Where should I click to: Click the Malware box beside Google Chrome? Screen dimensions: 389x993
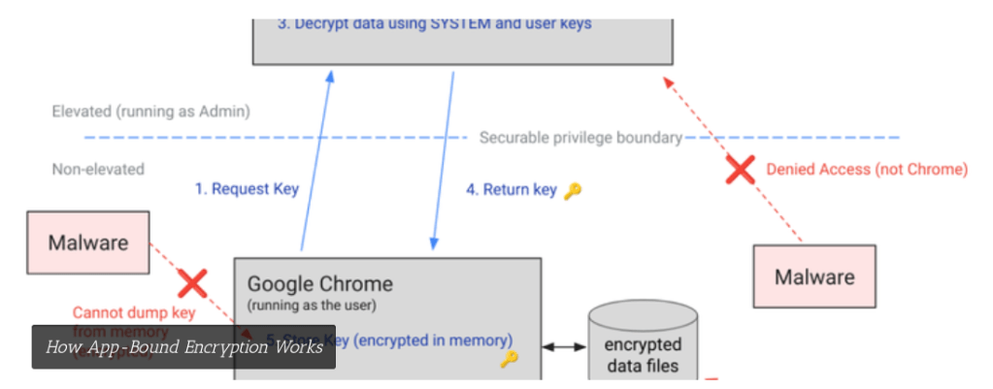point(87,242)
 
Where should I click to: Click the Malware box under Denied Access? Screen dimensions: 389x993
point(814,276)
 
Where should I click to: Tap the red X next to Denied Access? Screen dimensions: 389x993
point(741,171)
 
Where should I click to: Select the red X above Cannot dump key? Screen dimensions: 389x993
point(192,284)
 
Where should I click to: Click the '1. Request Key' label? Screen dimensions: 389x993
point(247,189)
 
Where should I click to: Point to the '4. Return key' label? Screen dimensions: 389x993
point(511,190)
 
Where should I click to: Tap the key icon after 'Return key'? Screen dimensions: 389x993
point(573,190)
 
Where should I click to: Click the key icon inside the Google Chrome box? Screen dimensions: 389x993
point(510,360)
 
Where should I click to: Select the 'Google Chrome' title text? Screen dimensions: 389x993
point(319,284)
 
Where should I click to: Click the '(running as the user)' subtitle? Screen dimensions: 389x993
point(311,306)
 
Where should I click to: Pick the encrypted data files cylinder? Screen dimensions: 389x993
point(643,344)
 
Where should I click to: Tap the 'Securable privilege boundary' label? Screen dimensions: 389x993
point(580,138)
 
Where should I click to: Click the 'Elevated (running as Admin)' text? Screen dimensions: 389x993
point(150,112)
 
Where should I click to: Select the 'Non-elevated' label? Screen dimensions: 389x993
point(98,169)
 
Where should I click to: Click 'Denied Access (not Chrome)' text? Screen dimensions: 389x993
point(867,169)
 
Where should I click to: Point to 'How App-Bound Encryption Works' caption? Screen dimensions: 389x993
point(183,346)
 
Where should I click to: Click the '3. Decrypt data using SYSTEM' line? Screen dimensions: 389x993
point(434,23)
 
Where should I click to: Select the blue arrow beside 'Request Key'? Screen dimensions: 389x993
point(315,160)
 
